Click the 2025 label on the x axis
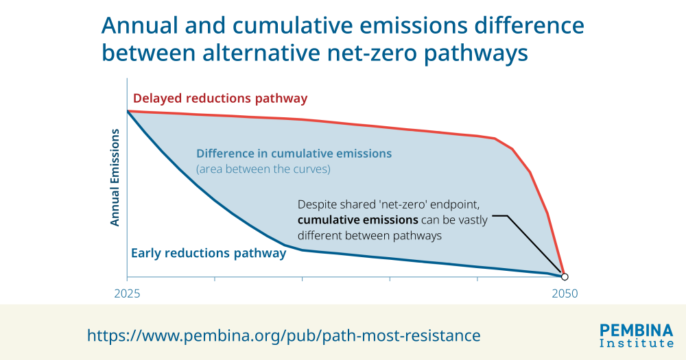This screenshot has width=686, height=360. coord(127,293)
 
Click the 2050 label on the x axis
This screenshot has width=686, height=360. coord(564,293)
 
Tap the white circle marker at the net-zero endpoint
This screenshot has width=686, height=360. coord(564,276)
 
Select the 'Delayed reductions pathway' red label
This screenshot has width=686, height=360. coord(220,98)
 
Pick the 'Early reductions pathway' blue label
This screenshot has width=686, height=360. coord(208,253)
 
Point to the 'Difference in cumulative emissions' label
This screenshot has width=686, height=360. coord(294,154)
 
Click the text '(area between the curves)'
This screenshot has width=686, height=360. coord(263,169)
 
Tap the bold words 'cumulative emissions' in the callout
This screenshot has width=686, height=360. coord(357,220)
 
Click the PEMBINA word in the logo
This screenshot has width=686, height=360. coord(637,330)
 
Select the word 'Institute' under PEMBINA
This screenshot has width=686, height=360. coord(637,343)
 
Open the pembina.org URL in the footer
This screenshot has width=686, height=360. coord(283,335)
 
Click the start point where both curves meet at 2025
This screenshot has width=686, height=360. coord(128,110)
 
